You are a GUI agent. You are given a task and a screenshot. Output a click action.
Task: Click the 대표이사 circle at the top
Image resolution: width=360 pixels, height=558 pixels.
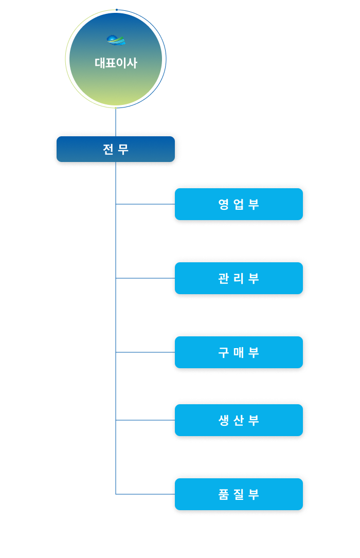pos(116,77)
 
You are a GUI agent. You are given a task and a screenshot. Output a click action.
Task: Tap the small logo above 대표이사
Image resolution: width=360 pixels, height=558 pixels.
pos(116,40)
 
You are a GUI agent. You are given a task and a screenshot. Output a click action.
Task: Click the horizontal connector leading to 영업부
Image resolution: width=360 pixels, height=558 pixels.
pos(145,204)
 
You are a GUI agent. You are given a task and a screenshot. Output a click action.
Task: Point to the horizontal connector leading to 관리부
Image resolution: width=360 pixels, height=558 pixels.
pos(145,278)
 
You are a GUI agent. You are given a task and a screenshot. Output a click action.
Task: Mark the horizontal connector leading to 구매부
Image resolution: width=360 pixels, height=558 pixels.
pos(145,352)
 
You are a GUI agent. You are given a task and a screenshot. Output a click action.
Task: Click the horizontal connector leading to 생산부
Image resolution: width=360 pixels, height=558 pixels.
pos(145,420)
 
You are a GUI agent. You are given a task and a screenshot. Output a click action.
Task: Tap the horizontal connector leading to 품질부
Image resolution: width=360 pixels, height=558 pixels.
pos(145,494)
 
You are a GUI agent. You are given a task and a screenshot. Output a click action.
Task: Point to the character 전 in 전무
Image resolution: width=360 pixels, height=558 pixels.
pos(108,149)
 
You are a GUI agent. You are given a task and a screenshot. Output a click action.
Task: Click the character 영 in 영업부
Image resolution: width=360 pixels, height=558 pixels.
pos(224,204)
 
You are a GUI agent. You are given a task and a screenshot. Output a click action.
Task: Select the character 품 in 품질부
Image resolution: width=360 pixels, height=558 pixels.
pos(224,494)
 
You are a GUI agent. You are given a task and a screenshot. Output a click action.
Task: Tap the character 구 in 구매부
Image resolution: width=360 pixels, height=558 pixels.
pos(224,352)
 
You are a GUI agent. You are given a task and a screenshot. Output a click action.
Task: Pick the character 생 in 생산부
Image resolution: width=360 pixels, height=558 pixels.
pos(224,420)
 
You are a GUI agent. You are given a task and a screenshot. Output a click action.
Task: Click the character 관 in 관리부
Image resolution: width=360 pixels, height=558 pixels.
pos(224,278)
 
